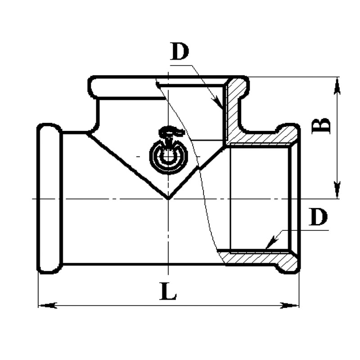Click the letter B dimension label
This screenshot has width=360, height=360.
point(321,126)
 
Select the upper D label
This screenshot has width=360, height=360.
point(180,51)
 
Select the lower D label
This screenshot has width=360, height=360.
point(318,216)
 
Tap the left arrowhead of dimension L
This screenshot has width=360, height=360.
point(47,306)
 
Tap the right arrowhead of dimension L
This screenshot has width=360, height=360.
point(290,306)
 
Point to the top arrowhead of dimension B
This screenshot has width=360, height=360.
point(337,86)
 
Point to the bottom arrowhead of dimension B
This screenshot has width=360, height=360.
point(337,189)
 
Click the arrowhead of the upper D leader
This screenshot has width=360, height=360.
point(218,104)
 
